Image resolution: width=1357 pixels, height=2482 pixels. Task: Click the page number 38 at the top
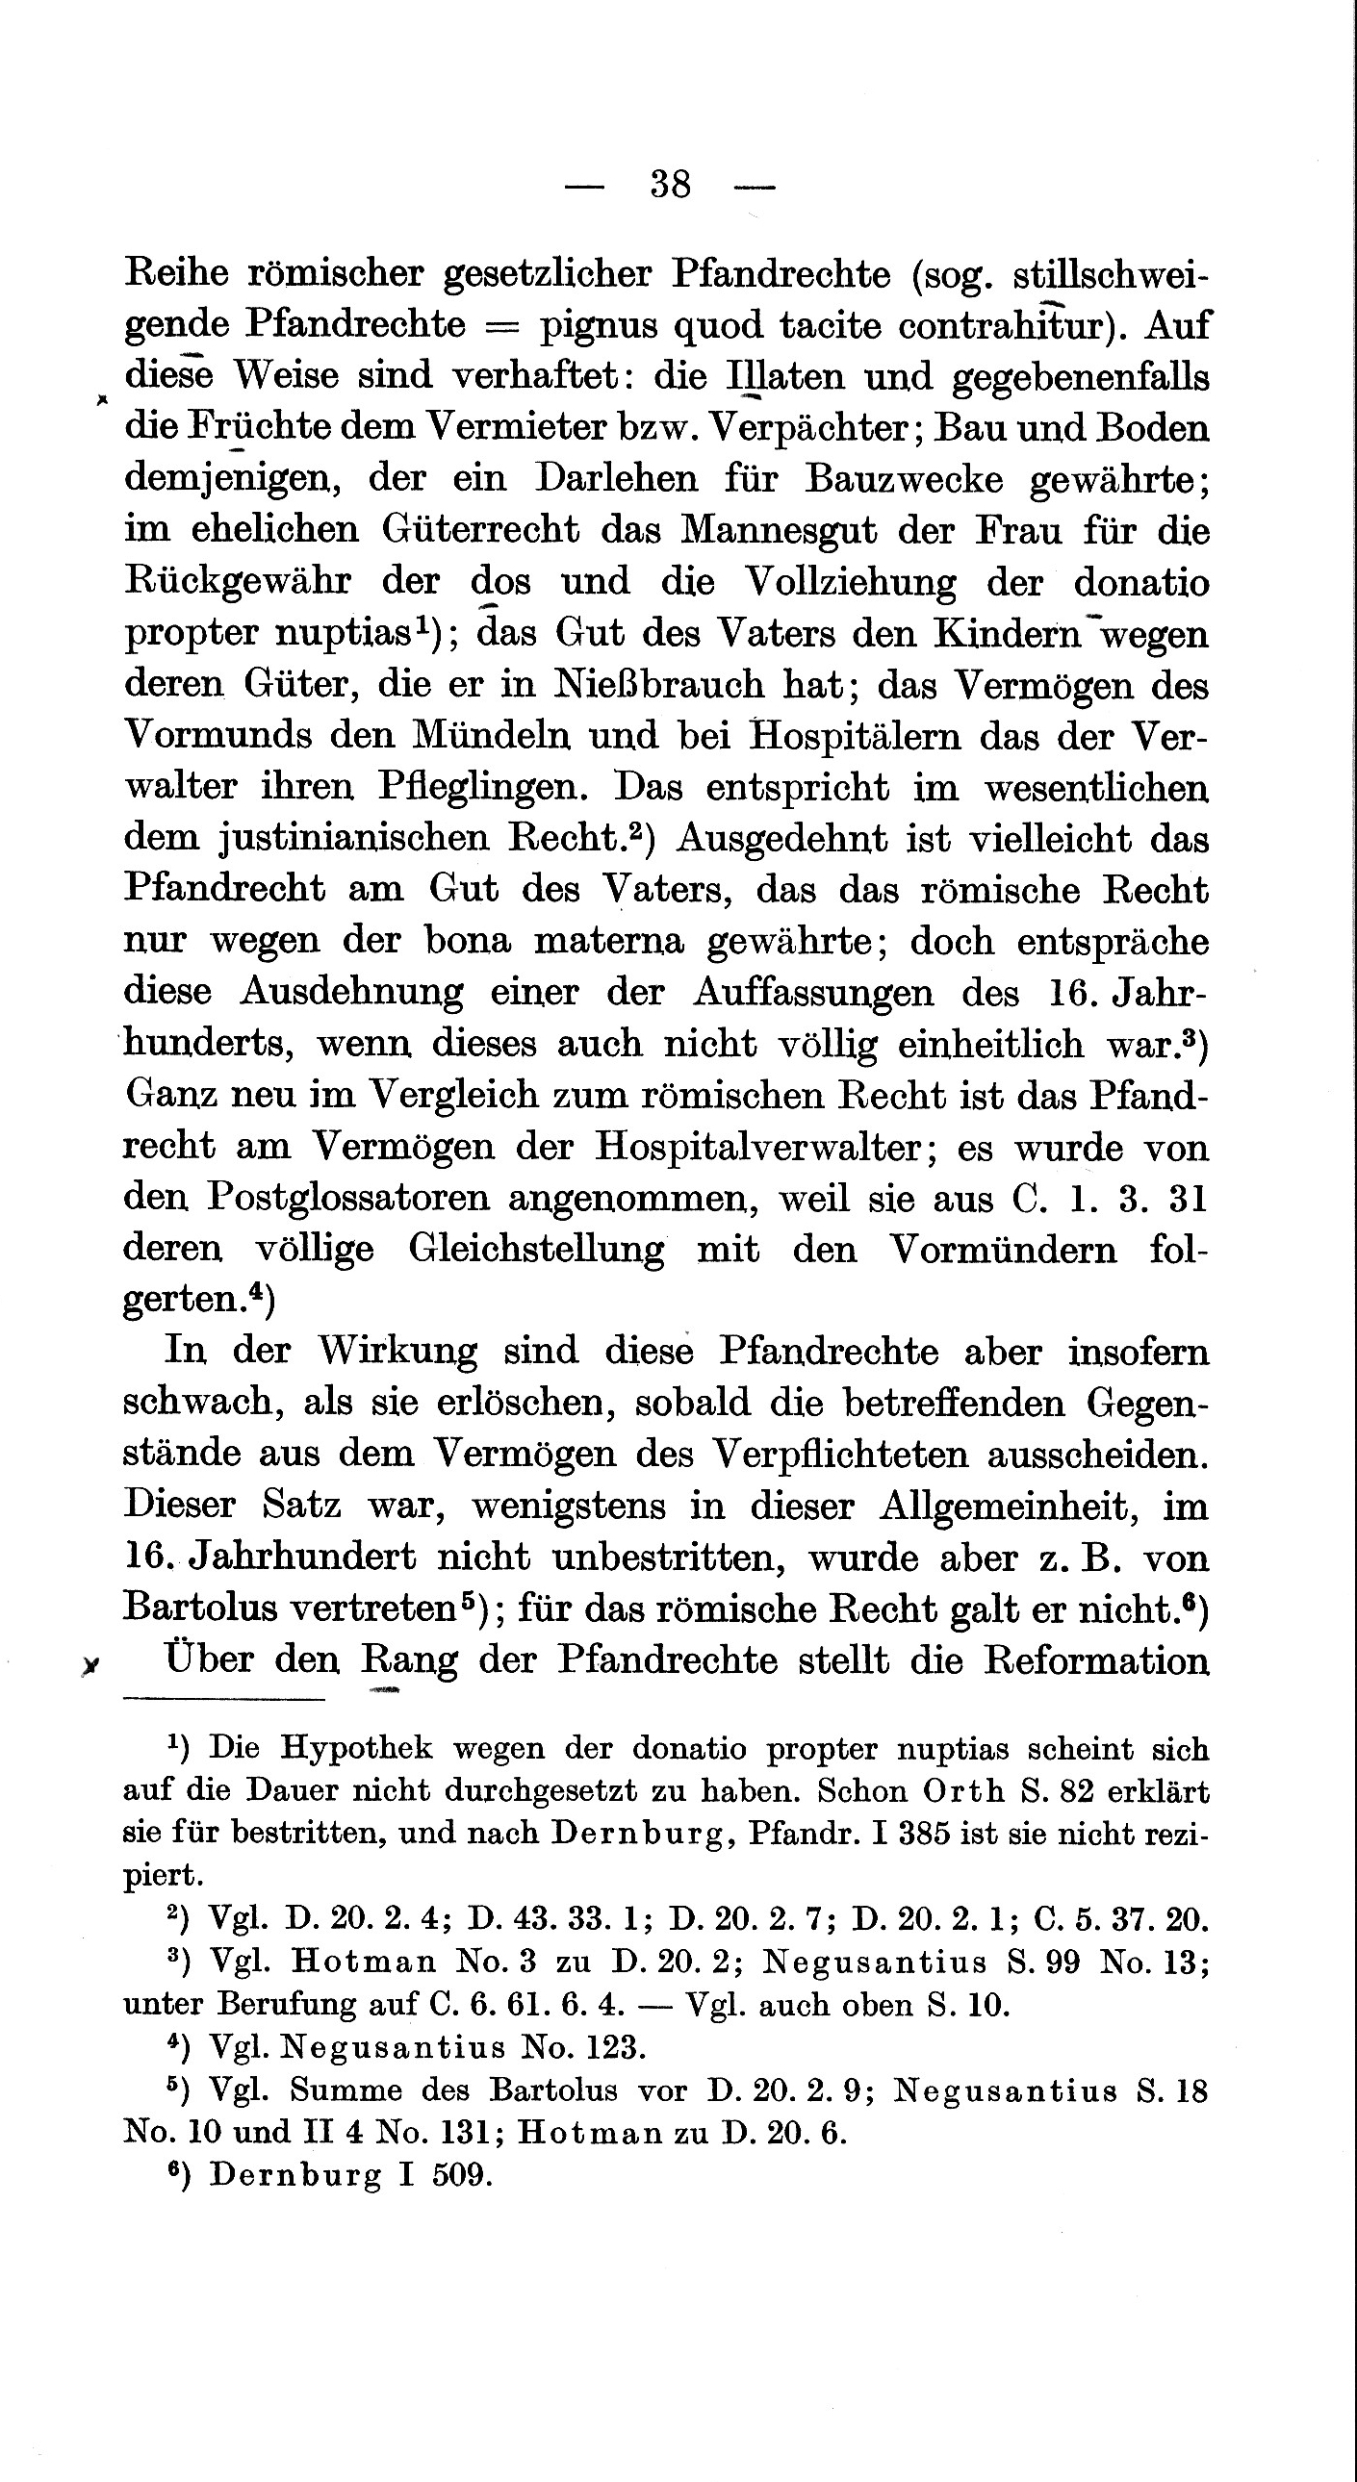[671, 183]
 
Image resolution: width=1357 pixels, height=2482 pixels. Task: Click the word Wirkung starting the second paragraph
[397, 1352]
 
